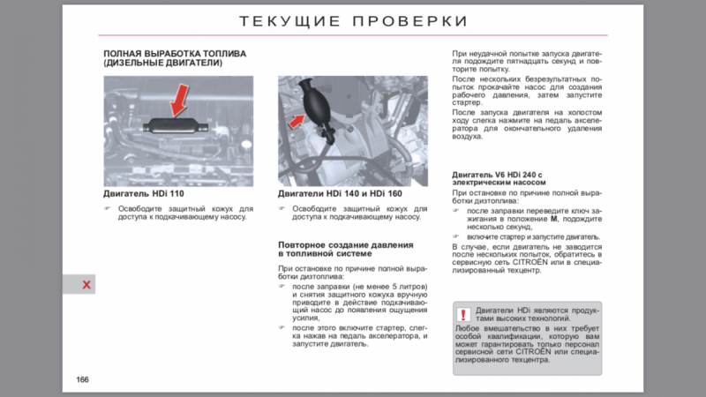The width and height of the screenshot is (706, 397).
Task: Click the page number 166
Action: click(x=82, y=379)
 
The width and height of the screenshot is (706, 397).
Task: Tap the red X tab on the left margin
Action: click(x=86, y=284)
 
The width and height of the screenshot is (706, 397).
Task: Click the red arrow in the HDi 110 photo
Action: click(x=180, y=99)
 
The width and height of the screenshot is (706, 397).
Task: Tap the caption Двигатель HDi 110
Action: click(x=143, y=192)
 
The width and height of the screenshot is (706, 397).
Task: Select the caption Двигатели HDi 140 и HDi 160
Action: click(x=340, y=192)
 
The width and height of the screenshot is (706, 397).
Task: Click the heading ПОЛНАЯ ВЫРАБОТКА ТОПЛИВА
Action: click(x=175, y=54)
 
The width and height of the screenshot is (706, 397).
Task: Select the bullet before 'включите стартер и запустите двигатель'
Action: click(x=456, y=236)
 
